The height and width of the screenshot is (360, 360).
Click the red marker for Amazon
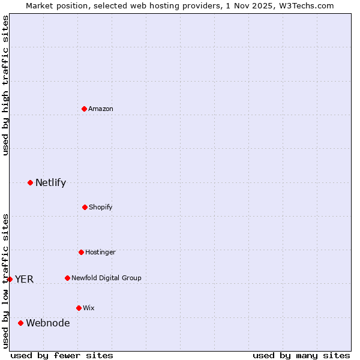pyautogui.click(x=85, y=109)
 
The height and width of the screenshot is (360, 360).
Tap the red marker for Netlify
pyautogui.click(x=31, y=182)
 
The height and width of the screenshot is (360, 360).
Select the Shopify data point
pyautogui.click(x=85, y=207)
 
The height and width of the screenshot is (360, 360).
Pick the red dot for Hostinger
pyautogui.click(x=81, y=252)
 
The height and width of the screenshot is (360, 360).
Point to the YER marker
pyautogui.click(x=10, y=279)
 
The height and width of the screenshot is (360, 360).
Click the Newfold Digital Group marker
pyautogui.click(x=67, y=278)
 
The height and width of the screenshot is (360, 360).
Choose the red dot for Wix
pyautogui.click(x=79, y=308)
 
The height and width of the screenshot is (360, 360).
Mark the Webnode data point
pyautogui.click(x=20, y=323)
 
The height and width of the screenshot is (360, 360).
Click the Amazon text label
pyautogui.click(x=101, y=109)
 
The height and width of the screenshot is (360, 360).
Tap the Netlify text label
pyautogui.click(x=50, y=182)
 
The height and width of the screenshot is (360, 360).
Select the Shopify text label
pyautogui.click(x=101, y=207)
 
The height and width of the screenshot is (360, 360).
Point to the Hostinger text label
pyautogui.click(x=100, y=252)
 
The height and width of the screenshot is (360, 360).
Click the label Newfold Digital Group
pyautogui.click(x=106, y=278)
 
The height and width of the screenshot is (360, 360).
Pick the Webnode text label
pyautogui.click(x=47, y=323)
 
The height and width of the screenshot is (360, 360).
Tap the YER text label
pyautogui.click(x=24, y=279)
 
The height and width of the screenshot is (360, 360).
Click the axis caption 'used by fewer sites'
pyautogui.click(x=62, y=355)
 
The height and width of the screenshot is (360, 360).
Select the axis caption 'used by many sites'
pyautogui.click(x=301, y=355)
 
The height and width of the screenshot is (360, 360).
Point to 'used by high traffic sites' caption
pyautogui.click(x=5, y=85)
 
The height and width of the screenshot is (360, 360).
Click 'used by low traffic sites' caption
pyautogui.click(x=5, y=280)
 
